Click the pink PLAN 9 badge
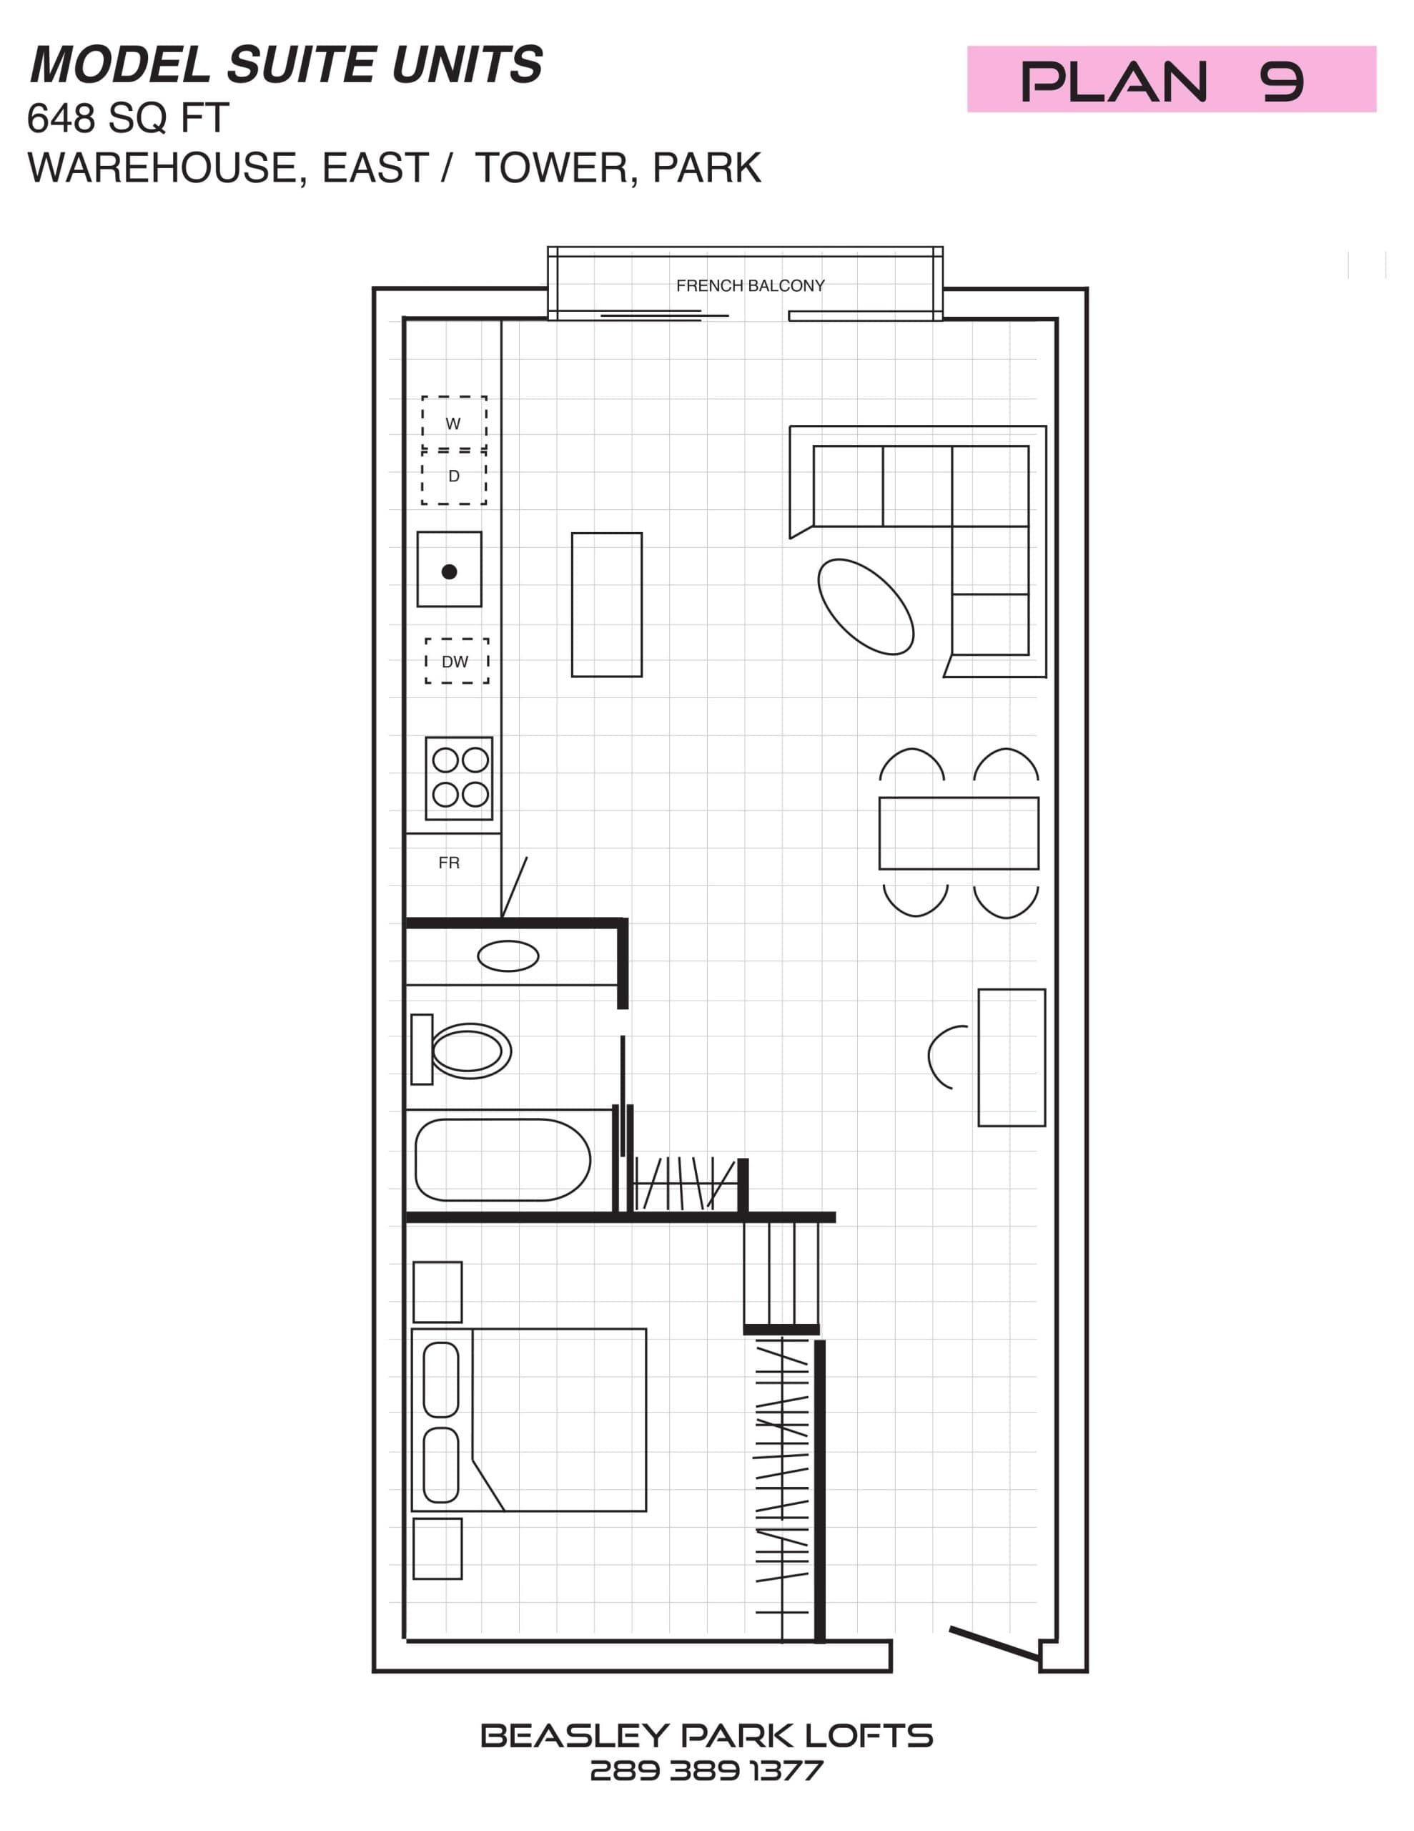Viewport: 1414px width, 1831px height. pyautogui.click(x=1171, y=79)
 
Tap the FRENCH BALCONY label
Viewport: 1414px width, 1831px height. pyautogui.click(x=750, y=286)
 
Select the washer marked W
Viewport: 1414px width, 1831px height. pyautogui.click(x=453, y=423)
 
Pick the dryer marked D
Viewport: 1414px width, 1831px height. pyautogui.click(x=453, y=476)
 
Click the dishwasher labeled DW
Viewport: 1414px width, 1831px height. pyautogui.click(x=456, y=662)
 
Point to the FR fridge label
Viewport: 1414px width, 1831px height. pyautogui.click(x=448, y=863)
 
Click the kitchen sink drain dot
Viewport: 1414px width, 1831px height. pyautogui.click(x=449, y=571)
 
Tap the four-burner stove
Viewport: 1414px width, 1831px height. pyautogui.click(x=458, y=778)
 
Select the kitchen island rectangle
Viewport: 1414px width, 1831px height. pyautogui.click(x=606, y=604)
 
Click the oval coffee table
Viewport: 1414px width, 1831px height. pyautogui.click(x=865, y=606)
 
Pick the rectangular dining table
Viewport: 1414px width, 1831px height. pyautogui.click(x=958, y=833)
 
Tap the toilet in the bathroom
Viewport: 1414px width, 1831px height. pyautogui.click(x=463, y=1050)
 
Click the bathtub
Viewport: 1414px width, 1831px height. pyautogui.click(x=503, y=1160)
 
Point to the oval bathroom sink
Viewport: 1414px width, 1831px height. pyautogui.click(x=508, y=956)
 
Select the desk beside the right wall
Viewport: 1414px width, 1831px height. pyautogui.click(x=1011, y=1057)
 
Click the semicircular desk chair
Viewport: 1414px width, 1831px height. pyautogui.click(x=949, y=1057)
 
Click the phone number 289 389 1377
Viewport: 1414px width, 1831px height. pyautogui.click(x=706, y=1771)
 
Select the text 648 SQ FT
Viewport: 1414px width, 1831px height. pyautogui.click(x=127, y=118)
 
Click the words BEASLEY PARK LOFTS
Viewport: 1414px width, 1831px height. pyautogui.click(x=706, y=1735)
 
